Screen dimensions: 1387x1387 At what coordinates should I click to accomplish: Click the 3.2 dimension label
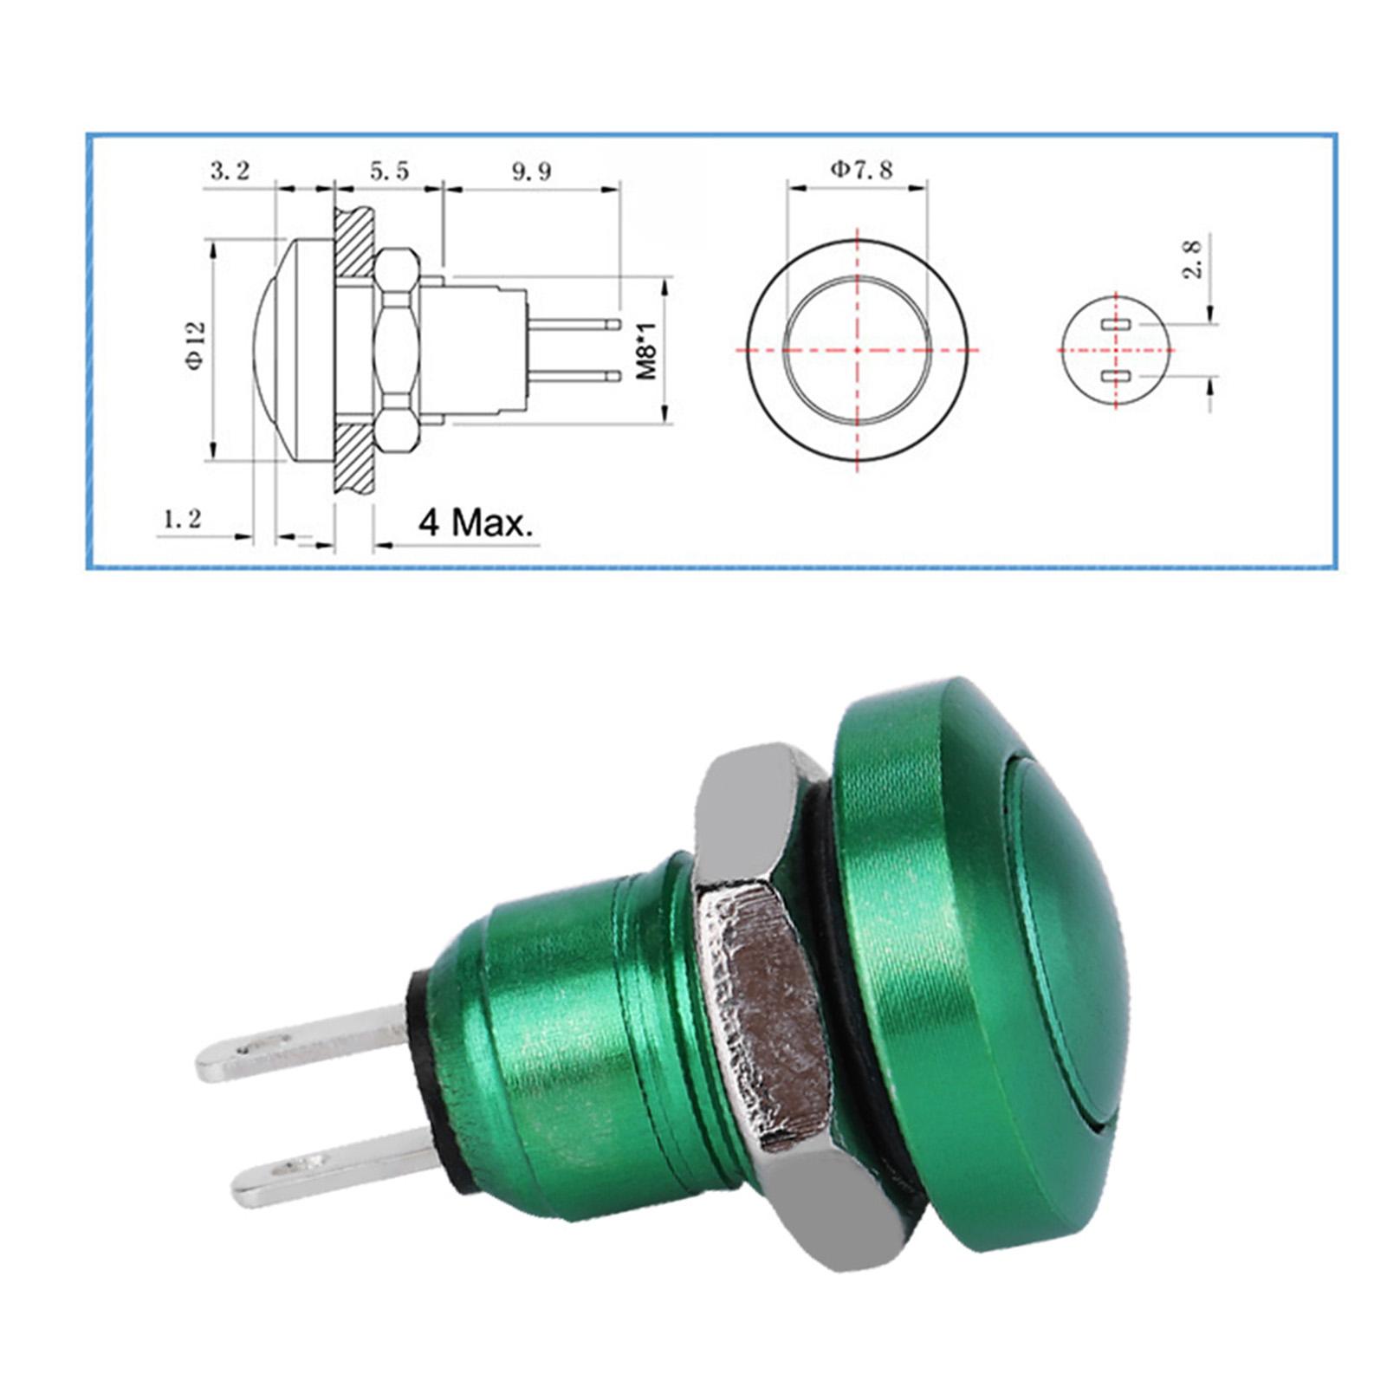[x=230, y=171]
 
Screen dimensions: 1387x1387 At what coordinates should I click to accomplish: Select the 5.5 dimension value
[x=389, y=171]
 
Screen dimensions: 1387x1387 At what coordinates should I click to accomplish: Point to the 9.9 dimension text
[x=530, y=171]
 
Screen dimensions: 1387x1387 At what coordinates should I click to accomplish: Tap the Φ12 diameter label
[x=196, y=346]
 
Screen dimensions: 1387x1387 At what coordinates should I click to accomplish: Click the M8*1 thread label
[x=646, y=350]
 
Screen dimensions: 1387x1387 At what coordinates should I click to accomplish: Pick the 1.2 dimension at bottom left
[x=182, y=519]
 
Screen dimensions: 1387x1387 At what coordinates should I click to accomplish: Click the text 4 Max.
[x=476, y=523]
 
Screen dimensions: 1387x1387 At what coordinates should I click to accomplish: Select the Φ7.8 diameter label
[x=861, y=169]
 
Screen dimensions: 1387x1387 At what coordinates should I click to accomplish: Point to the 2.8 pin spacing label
[x=1193, y=259]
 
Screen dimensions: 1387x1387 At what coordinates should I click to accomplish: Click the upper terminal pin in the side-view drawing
[x=573, y=325]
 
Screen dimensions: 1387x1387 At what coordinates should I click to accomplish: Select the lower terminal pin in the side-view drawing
[x=573, y=376]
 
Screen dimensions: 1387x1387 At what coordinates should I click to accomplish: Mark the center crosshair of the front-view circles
[x=857, y=350]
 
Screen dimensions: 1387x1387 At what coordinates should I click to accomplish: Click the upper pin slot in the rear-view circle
[x=1116, y=325]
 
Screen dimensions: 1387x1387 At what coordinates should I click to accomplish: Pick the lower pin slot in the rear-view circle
[x=1116, y=376]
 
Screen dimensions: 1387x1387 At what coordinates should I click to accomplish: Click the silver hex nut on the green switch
[x=762, y=996]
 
